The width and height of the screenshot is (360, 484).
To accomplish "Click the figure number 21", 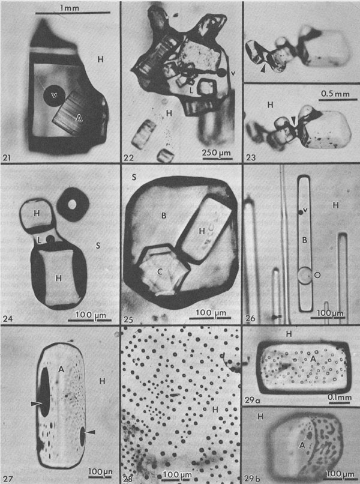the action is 7,157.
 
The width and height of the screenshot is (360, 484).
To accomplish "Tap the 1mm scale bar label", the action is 70,8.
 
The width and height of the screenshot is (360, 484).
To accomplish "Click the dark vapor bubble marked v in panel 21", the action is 54,95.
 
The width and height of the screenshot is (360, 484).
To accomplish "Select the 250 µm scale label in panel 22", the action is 216,153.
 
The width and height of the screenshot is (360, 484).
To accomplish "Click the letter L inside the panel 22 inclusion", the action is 191,91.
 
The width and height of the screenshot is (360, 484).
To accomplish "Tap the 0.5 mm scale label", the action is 335,93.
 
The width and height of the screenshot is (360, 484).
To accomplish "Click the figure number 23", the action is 251,157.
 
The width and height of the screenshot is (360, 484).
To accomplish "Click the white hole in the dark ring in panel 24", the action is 73,204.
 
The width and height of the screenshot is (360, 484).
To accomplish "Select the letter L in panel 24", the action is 40,239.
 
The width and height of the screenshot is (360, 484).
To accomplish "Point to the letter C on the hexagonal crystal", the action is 160,271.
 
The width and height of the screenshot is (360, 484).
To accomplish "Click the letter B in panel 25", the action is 164,216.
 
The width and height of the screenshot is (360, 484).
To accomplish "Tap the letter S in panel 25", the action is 134,177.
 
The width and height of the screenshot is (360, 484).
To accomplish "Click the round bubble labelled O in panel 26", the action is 305,275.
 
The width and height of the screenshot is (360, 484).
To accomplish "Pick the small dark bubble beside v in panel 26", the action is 300,212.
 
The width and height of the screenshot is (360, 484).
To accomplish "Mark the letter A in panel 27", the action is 61,368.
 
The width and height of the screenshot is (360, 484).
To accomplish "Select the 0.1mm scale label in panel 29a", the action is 340,397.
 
